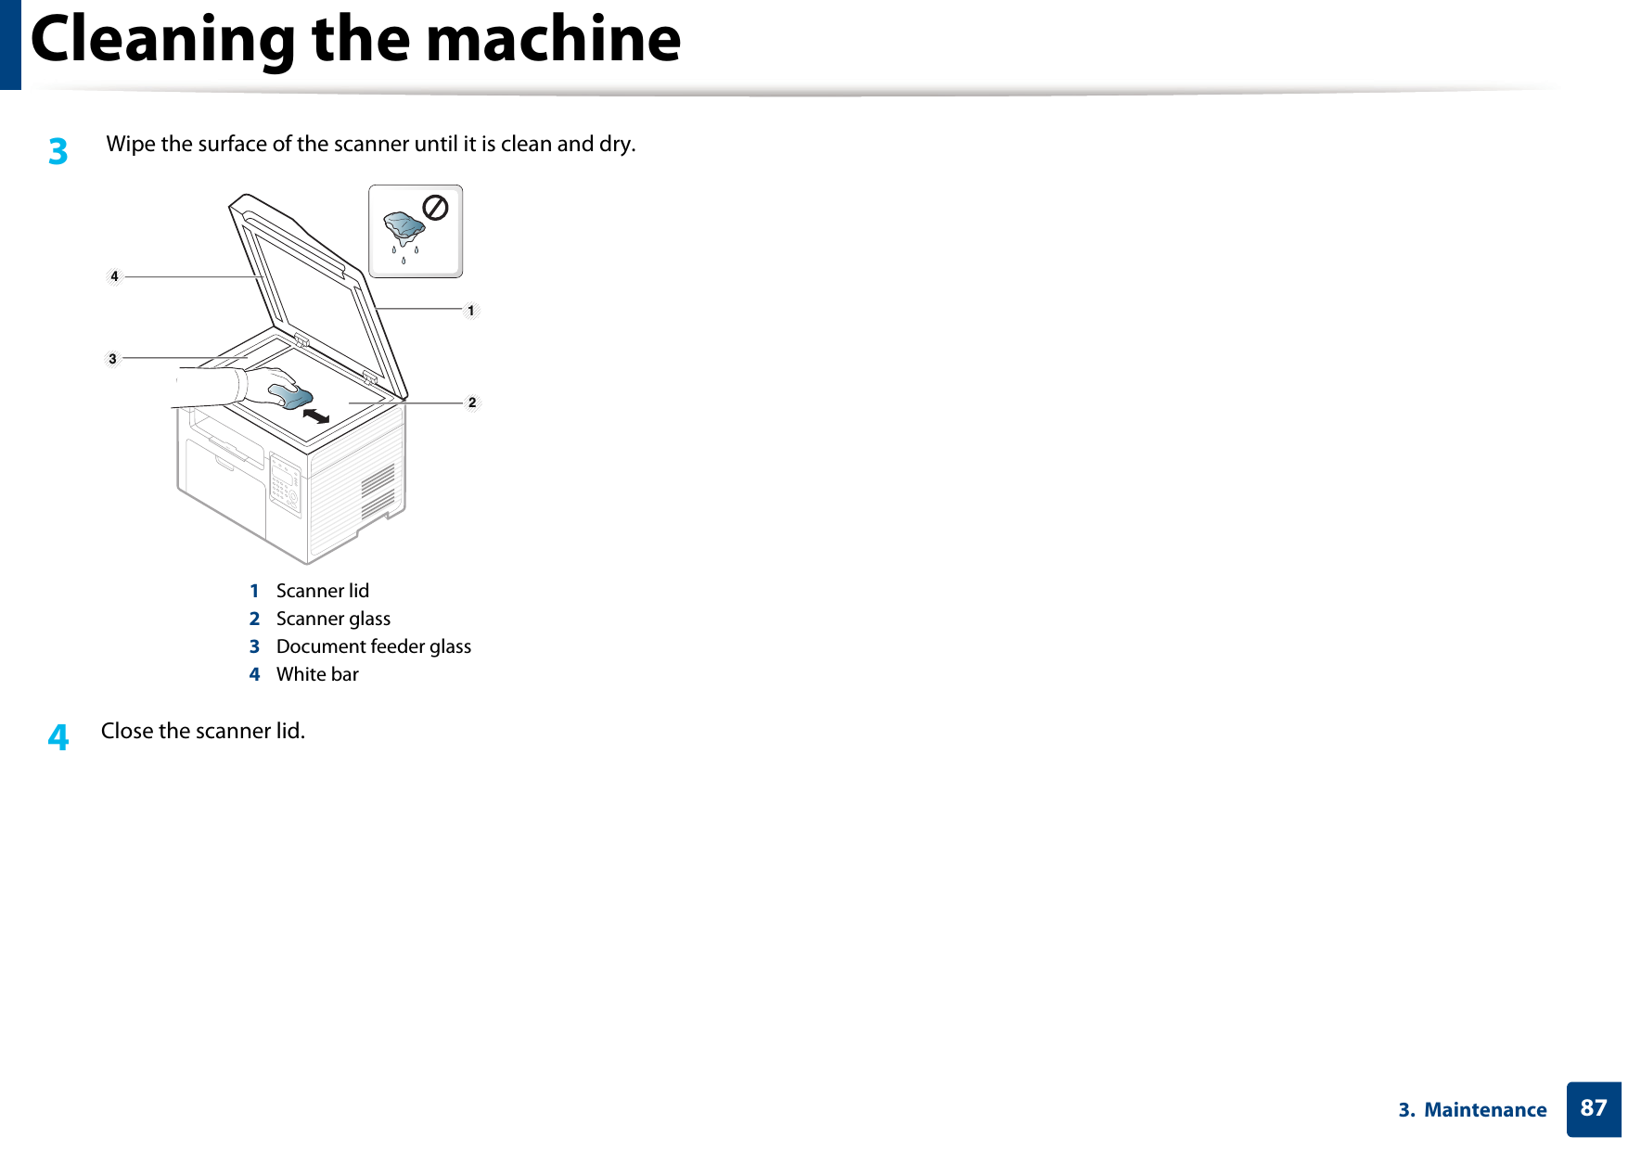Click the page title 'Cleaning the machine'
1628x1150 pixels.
[355, 40]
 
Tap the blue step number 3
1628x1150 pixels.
[58, 151]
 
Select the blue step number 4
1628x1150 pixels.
[58, 737]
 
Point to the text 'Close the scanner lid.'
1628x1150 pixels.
[203, 731]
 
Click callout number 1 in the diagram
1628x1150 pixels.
[471, 311]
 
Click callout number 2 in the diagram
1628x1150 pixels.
[472, 402]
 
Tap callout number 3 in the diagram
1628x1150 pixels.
[113, 358]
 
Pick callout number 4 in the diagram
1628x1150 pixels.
[114, 276]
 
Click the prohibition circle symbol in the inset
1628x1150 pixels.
[435, 208]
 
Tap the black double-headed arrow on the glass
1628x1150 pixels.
[316, 415]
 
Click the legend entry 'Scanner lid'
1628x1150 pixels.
[322, 591]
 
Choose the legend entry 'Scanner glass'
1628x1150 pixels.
[333, 619]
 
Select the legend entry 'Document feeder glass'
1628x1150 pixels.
[373, 646]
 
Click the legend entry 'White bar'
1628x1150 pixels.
[317, 674]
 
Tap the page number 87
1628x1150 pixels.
[1593, 1108]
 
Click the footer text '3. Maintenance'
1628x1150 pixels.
[1472, 1110]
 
